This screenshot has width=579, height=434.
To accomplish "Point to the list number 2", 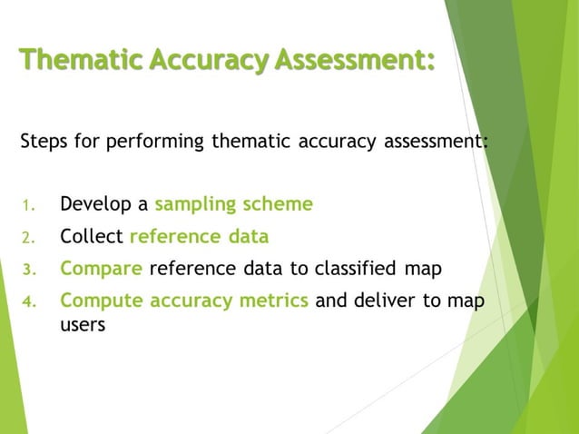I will pos(26,239).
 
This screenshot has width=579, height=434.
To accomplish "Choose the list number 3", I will pos(26,270).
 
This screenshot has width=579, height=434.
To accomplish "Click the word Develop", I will pos(95,204).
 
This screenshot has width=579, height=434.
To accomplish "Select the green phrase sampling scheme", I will pos(234,204).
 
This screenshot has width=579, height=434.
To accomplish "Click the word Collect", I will pos(92,237).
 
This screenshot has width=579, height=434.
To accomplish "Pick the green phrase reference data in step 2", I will pos(200,237).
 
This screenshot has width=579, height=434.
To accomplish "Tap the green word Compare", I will pos(101,269).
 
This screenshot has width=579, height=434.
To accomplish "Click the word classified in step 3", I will pos(355,269).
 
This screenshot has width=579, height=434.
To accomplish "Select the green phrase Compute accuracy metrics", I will pos(184,301).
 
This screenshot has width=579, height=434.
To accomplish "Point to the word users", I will pos(83,324).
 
